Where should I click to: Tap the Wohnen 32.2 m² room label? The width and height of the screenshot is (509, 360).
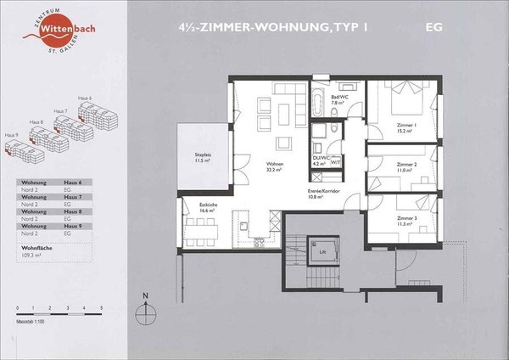[x=274, y=167]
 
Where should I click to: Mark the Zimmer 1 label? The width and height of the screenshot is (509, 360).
[x=403, y=128]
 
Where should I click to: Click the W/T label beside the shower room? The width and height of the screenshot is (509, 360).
[x=336, y=161]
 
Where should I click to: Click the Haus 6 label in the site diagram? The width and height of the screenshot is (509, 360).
[x=85, y=97]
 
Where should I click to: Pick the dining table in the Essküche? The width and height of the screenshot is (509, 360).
[x=204, y=228]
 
